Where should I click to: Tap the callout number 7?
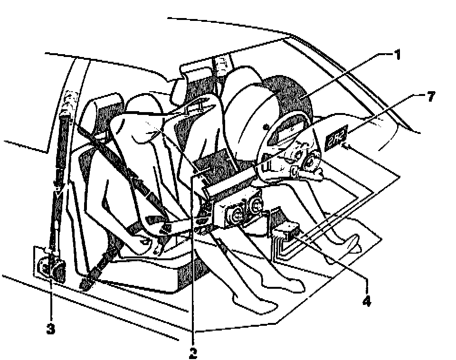[x=430, y=97]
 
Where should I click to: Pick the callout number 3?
[x=51, y=329]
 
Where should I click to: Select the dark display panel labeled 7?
[x=337, y=135]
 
